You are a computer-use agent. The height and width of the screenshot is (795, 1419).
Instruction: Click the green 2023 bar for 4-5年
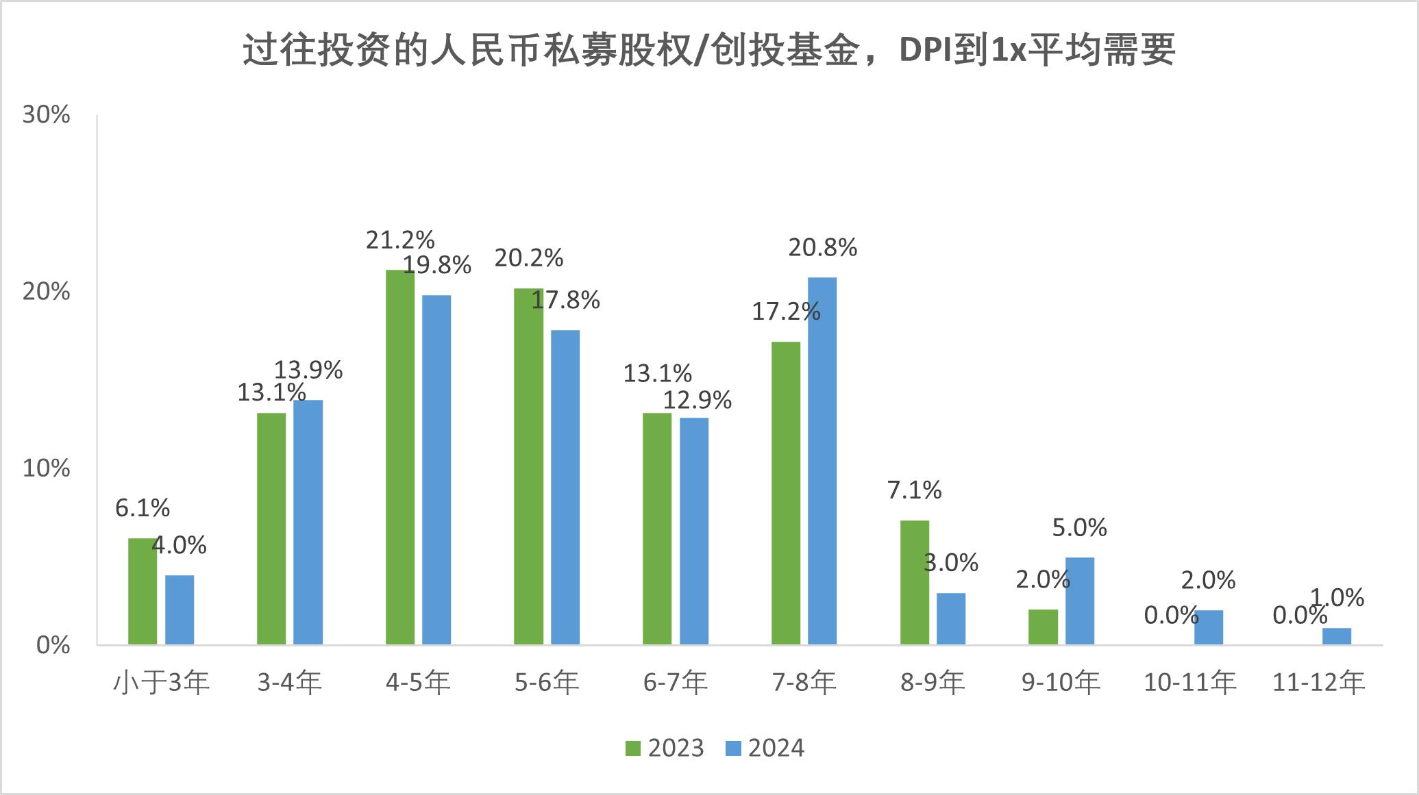pos(400,457)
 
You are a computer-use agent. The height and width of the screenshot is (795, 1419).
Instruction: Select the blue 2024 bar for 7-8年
pos(822,461)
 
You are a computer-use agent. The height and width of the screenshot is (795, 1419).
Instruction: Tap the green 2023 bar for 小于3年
pos(143,592)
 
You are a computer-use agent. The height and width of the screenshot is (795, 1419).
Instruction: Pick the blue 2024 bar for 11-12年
pos(1337,636)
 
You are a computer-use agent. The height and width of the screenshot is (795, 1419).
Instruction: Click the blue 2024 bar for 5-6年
pos(565,488)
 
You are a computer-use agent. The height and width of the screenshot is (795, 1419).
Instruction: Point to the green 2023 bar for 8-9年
pos(915,583)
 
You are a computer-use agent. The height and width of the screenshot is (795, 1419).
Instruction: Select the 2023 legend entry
pos(665,748)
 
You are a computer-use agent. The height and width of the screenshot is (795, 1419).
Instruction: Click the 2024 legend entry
pos(765,748)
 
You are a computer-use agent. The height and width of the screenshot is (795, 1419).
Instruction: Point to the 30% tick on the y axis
pos(47,115)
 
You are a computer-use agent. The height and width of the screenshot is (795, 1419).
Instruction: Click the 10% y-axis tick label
pos(47,469)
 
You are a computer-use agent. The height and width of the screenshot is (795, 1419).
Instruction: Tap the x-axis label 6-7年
pos(676,683)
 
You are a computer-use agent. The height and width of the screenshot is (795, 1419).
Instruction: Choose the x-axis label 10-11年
pos(1189,683)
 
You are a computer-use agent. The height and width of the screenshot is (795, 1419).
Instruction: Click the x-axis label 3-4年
pos(290,683)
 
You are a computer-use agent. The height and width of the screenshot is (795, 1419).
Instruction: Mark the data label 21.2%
pos(400,240)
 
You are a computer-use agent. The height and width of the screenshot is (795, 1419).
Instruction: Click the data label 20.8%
pos(822,248)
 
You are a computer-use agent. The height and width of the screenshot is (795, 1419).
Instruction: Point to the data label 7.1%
pos(915,490)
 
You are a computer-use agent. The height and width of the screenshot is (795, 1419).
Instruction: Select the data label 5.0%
pos(1079,528)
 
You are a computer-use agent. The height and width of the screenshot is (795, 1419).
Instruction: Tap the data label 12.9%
pos(697,400)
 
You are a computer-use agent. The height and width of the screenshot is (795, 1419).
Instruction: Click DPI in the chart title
pos(924,50)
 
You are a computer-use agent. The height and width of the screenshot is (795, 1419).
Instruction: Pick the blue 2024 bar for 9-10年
pos(1080,601)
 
